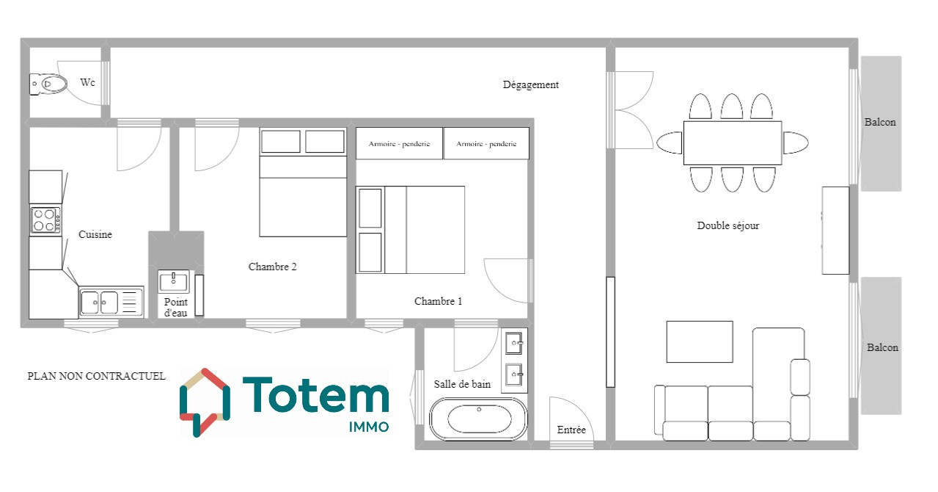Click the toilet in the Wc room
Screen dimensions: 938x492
click(x=48, y=84)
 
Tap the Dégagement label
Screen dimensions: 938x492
click(x=530, y=85)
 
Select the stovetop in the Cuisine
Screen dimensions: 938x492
click(x=45, y=220)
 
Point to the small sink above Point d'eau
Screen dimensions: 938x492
click(x=173, y=281)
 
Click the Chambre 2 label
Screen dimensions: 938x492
click(x=272, y=267)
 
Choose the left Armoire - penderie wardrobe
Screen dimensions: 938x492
click(x=399, y=143)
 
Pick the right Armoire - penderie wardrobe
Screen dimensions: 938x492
click(x=486, y=143)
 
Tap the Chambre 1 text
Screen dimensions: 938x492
click(x=438, y=301)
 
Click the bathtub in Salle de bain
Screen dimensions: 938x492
click(x=478, y=419)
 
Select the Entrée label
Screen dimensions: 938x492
click(x=571, y=430)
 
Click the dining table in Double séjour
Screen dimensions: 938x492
click(x=733, y=142)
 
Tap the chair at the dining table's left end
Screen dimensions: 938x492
click(x=669, y=142)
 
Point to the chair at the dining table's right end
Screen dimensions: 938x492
click(x=796, y=142)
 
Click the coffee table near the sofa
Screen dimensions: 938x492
click(x=700, y=342)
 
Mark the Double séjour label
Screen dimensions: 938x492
click(x=728, y=226)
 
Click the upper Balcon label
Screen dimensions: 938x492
click(x=880, y=123)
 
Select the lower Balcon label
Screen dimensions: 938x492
click(x=882, y=348)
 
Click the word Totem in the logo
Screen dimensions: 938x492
click(x=316, y=395)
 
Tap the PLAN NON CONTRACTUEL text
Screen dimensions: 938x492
click(x=96, y=376)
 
